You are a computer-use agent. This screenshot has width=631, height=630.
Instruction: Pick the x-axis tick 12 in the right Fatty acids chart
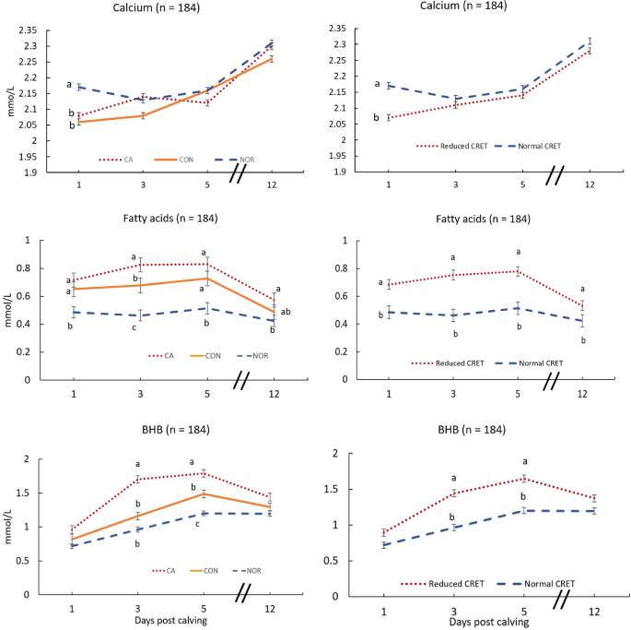(x=583, y=394)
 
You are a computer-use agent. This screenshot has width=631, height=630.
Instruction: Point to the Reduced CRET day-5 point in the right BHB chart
(x=523, y=479)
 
